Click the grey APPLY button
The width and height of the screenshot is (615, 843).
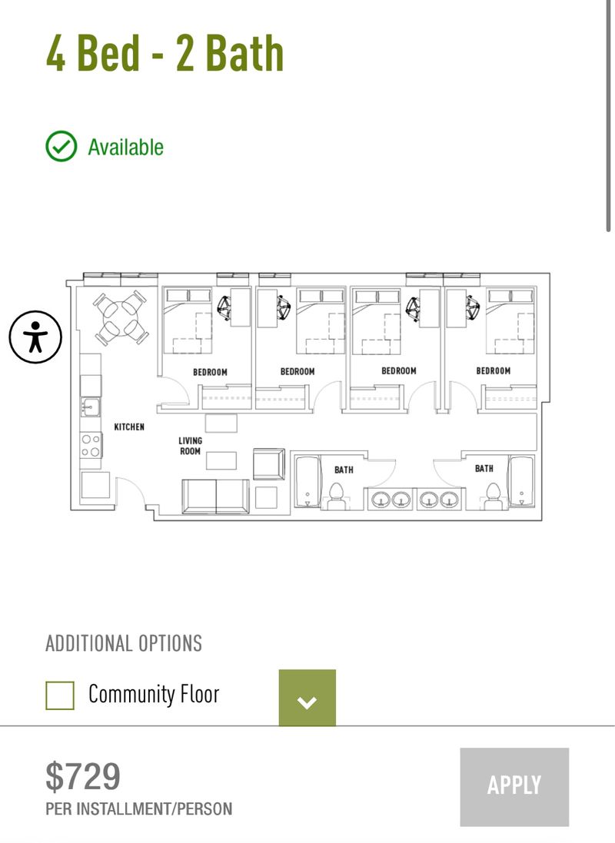pyautogui.click(x=514, y=786)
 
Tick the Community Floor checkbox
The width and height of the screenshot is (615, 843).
pyautogui.click(x=60, y=695)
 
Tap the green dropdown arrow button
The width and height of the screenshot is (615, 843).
pyautogui.click(x=307, y=698)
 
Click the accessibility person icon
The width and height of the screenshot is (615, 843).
pyautogui.click(x=35, y=337)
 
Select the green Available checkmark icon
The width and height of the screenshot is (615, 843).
pyautogui.click(x=61, y=146)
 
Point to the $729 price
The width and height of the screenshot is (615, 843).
pyautogui.click(x=83, y=776)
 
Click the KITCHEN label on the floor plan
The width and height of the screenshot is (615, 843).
pyautogui.click(x=129, y=426)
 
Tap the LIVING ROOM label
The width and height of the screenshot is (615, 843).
pyautogui.click(x=190, y=446)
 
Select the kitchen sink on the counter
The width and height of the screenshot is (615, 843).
pyautogui.click(x=91, y=406)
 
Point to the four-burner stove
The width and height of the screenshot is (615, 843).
pyautogui.click(x=91, y=445)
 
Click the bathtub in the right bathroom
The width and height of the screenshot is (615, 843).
pyautogui.click(x=521, y=481)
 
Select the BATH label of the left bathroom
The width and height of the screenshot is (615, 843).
pyautogui.click(x=344, y=470)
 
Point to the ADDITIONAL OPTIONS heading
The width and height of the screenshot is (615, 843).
pyautogui.click(x=124, y=643)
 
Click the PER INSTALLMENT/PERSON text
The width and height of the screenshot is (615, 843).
pyautogui.click(x=139, y=808)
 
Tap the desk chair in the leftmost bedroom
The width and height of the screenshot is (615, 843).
pyautogui.click(x=225, y=308)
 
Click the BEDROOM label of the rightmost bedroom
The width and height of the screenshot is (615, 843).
pyautogui.click(x=493, y=371)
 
